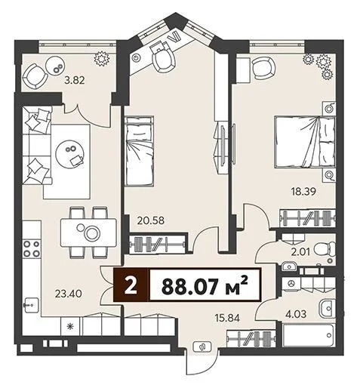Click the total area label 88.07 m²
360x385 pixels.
tap(205, 287)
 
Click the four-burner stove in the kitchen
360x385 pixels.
tap(32, 248)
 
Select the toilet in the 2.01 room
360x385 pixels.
tap(322, 250)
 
